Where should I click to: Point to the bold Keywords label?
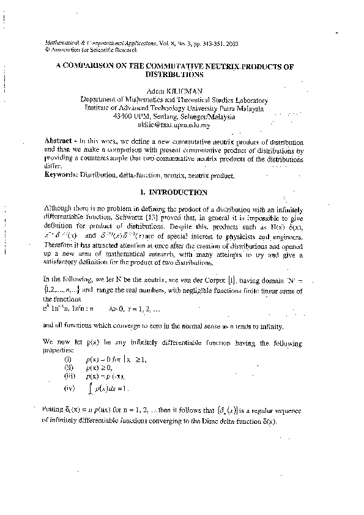(61, 175)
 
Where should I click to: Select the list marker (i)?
(69, 359)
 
